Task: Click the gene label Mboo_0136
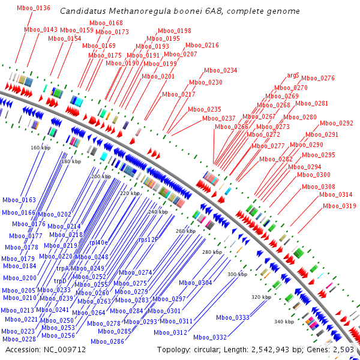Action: (x=33, y=8)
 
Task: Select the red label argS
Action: (x=293, y=76)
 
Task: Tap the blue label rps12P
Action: (x=149, y=239)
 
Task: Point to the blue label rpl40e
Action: (x=98, y=243)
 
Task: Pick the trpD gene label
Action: (x=60, y=281)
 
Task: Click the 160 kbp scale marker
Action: (x=40, y=148)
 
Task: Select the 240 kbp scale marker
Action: (x=158, y=212)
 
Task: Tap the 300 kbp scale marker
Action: (x=237, y=274)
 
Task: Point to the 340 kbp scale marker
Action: (x=284, y=322)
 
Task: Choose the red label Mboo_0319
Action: (x=340, y=206)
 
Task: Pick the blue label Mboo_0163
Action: (x=19, y=200)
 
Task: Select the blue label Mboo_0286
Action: (x=107, y=341)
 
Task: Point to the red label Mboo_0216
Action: (x=202, y=45)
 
